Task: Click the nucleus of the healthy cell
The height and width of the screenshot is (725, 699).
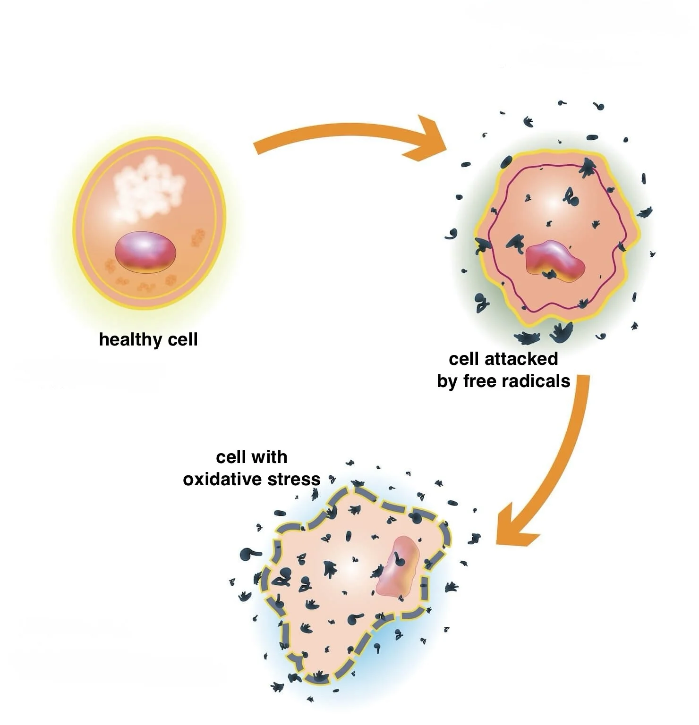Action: pos(145,252)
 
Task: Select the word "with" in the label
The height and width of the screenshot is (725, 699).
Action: pos(270,457)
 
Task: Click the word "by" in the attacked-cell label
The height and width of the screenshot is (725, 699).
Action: pos(446,381)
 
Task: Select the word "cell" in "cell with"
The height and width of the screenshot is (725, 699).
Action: pos(231,457)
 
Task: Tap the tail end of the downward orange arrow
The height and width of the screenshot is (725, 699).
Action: pos(583,380)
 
